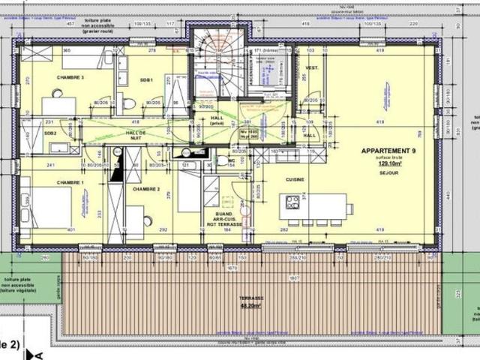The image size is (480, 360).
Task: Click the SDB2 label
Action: [x=51, y=133]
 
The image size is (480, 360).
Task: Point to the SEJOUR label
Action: [x=387, y=171]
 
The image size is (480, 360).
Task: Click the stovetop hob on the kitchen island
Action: [x=292, y=202]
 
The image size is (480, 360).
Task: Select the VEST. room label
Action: [x=312, y=68]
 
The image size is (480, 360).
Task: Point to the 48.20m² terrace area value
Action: [x=251, y=306]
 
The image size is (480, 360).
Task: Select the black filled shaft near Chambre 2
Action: [x=116, y=169]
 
